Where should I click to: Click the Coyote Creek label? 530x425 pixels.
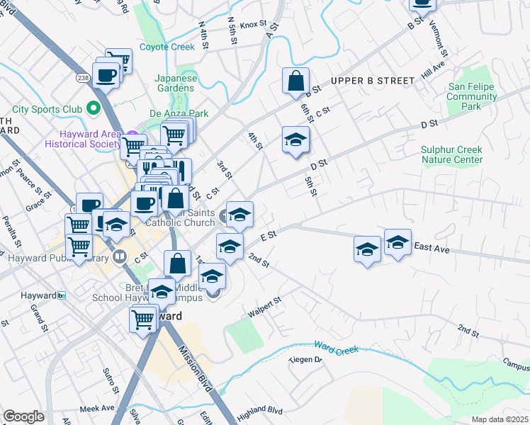pos(167,47)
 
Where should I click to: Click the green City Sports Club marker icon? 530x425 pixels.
pos(93,109)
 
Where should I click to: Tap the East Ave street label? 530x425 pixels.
pos(432,247)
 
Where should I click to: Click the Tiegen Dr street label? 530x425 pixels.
pos(305,360)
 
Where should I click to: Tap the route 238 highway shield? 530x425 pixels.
pos(83,77)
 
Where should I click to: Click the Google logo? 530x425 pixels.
pos(23,416)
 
